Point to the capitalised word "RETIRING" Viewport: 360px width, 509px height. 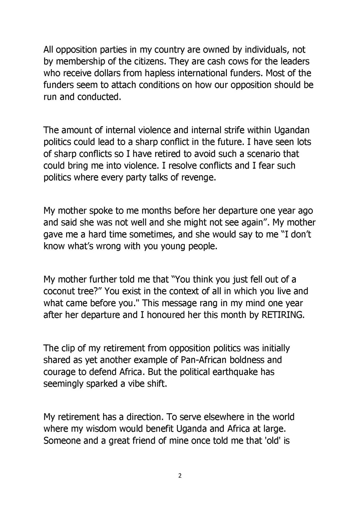point(283,315)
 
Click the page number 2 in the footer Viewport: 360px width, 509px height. point(180,476)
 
